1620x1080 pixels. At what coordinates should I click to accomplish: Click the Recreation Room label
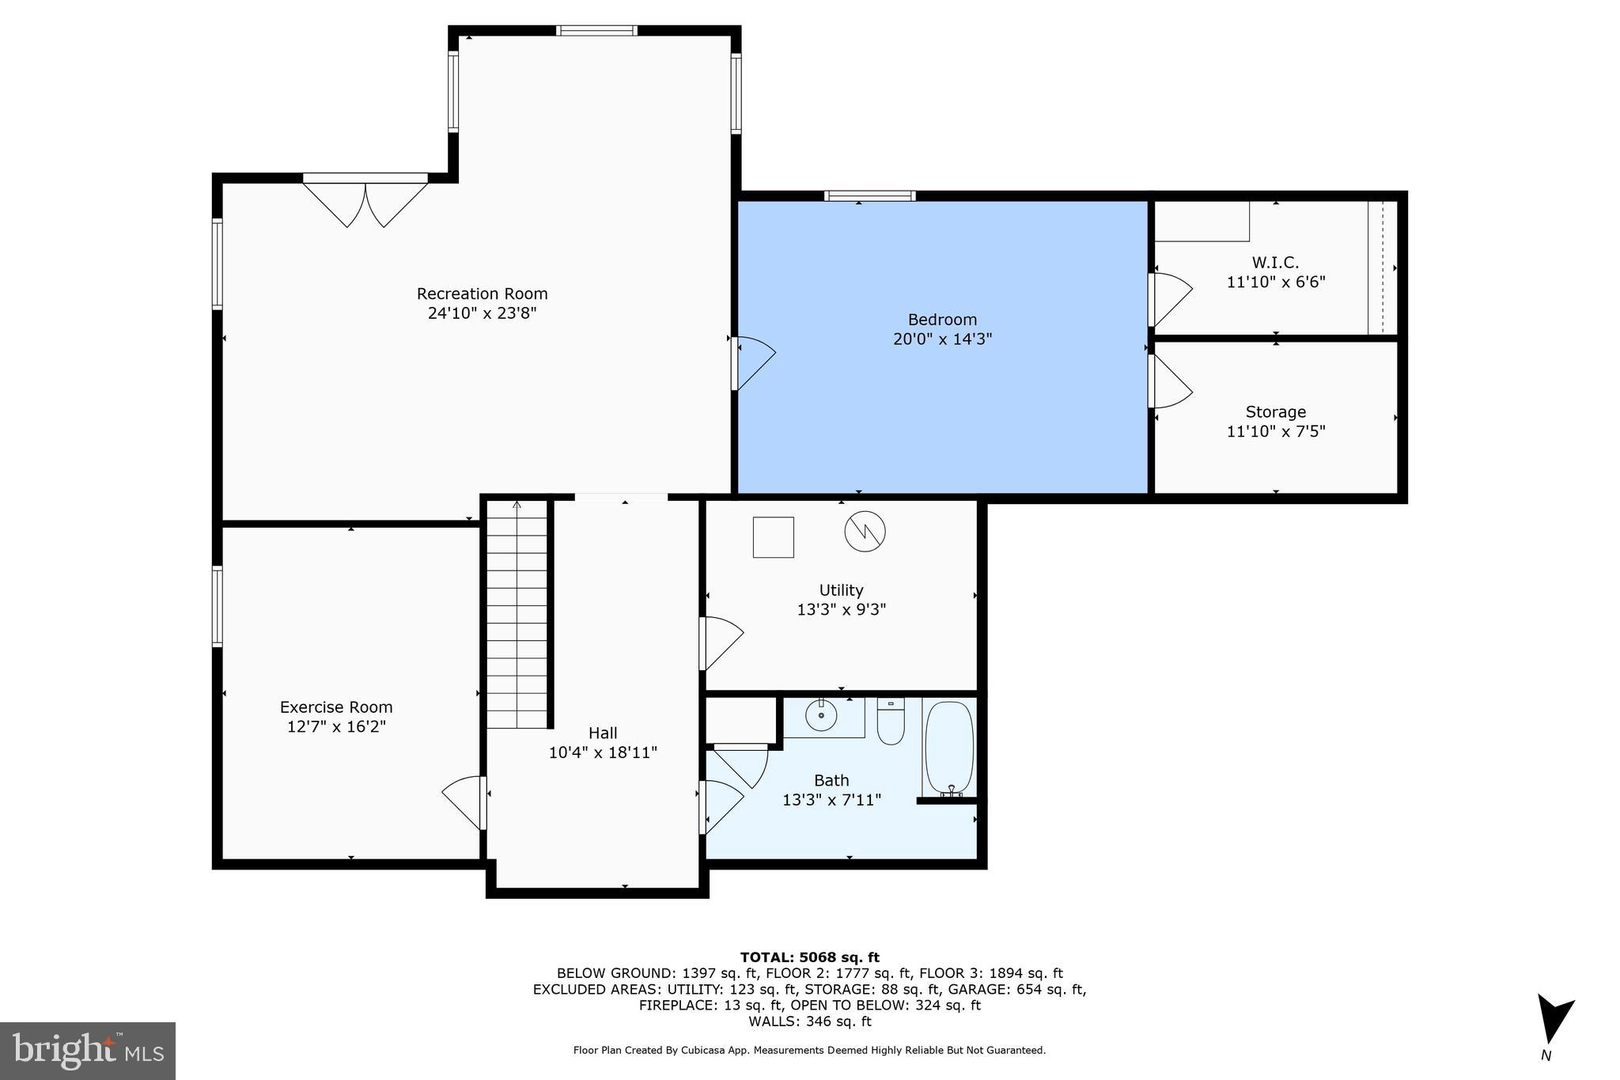(482, 294)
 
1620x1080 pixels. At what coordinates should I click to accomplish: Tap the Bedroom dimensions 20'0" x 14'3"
(942, 339)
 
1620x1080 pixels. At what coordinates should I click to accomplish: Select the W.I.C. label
(1275, 263)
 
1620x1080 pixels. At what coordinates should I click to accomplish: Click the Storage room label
(1275, 412)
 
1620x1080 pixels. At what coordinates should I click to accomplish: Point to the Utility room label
(841, 590)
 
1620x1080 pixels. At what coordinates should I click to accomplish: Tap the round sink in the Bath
(821, 717)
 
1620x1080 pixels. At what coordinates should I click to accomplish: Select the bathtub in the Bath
(949, 748)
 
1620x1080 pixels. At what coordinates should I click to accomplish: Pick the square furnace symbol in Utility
(773, 537)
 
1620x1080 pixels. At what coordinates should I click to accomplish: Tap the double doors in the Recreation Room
(365, 203)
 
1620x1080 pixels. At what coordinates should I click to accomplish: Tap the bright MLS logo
(87, 1051)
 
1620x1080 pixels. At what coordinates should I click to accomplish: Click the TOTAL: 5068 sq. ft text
(809, 957)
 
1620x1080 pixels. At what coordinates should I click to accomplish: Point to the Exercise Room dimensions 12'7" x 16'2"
(336, 726)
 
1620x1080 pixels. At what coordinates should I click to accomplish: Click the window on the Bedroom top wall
(869, 195)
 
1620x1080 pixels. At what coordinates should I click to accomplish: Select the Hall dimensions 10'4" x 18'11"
(603, 752)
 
